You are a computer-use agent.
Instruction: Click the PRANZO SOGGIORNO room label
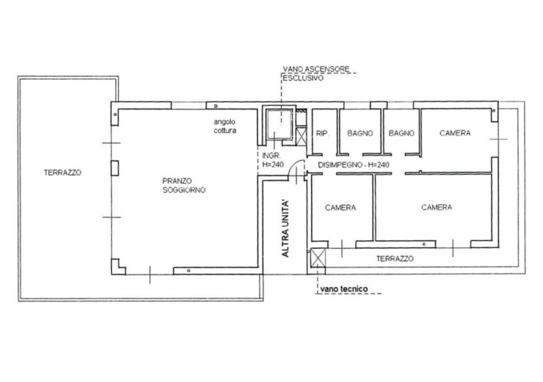tap(184, 185)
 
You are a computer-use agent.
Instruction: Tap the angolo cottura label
tap(225, 126)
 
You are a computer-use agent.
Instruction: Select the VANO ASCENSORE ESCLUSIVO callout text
tap(316, 73)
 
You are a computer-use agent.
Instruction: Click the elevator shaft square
tap(280, 124)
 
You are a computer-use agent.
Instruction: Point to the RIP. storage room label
tap(322, 134)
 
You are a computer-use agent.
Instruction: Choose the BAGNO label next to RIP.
tap(360, 133)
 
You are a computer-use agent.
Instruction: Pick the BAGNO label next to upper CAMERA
tap(401, 133)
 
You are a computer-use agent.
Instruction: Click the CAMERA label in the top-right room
tap(455, 133)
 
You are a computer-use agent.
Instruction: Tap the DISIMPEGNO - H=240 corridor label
tap(354, 165)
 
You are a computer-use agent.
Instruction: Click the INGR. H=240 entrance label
tap(273, 160)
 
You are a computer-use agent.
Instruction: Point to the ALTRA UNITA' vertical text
tap(285, 228)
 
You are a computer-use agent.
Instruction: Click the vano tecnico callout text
tap(344, 289)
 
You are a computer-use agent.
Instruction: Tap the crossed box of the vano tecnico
tap(318, 258)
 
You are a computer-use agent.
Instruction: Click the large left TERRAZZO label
tap(62, 172)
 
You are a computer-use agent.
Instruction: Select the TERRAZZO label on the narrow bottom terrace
tap(395, 259)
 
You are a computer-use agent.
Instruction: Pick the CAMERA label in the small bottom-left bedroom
tap(341, 208)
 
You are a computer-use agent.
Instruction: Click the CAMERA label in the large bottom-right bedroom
tap(436, 207)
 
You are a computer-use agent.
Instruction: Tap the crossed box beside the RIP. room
tap(301, 137)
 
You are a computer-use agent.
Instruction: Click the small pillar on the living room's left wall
tap(115, 168)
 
